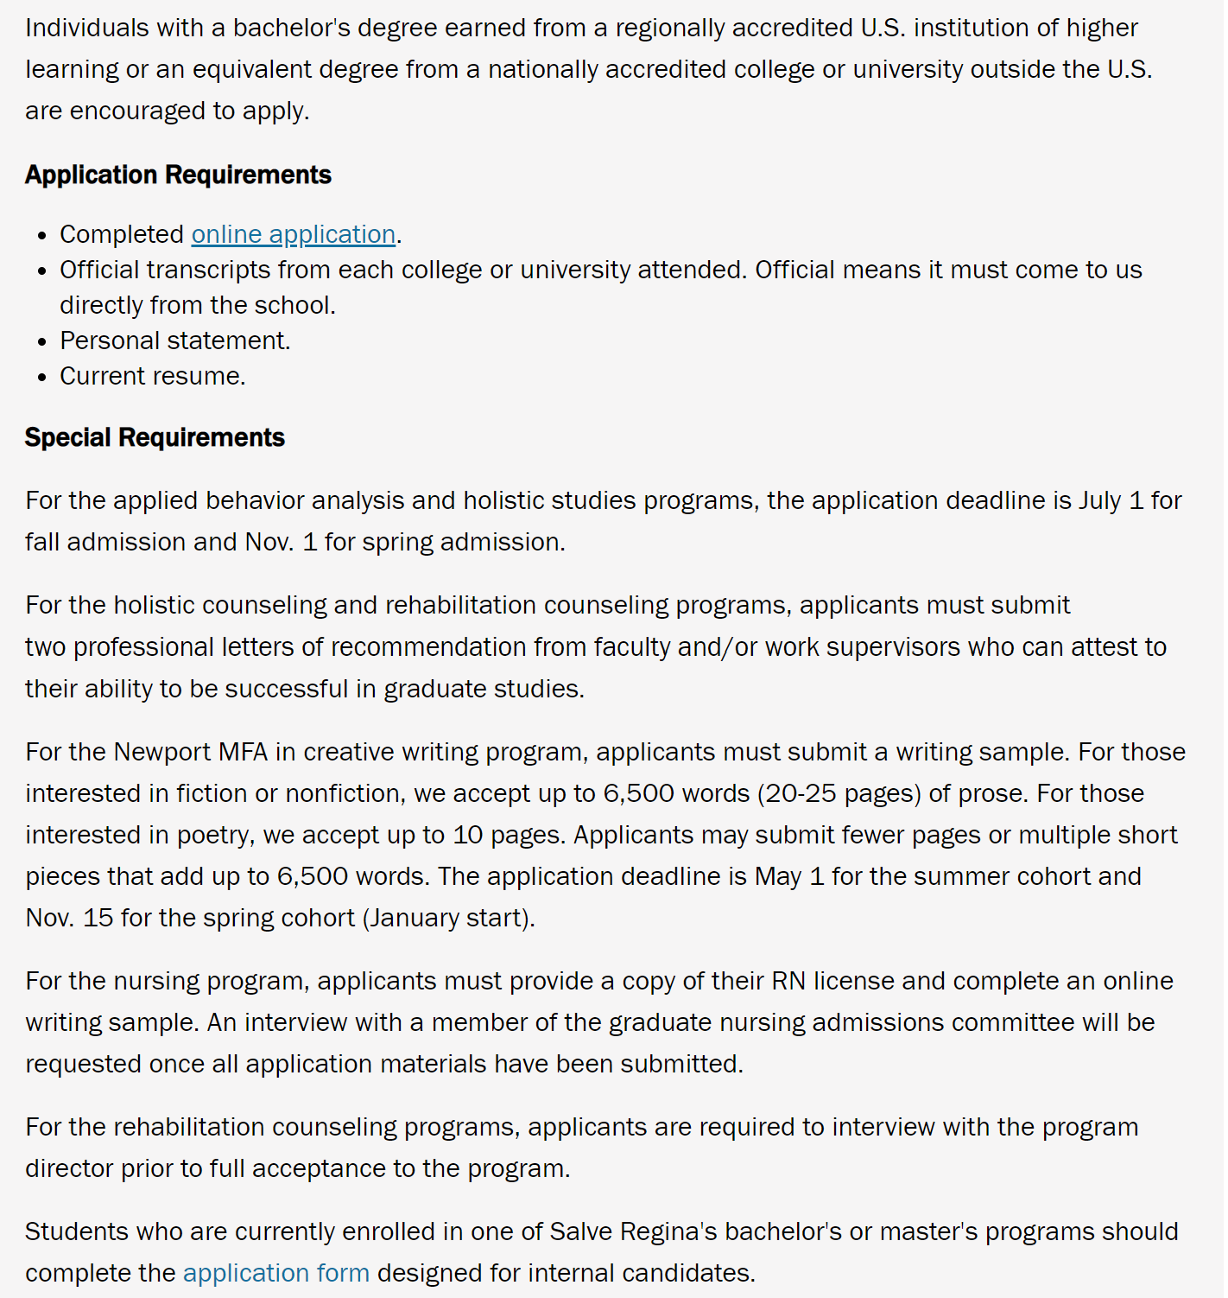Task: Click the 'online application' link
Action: (294, 234)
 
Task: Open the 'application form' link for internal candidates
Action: (276, 1273)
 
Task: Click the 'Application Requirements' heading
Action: (178, 175)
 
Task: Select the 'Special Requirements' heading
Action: (155, 437)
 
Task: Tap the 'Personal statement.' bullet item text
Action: (175, 340)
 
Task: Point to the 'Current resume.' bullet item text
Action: (153, 376)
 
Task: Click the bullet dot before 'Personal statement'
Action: (42, 342)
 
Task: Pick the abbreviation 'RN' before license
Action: (788, 981)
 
